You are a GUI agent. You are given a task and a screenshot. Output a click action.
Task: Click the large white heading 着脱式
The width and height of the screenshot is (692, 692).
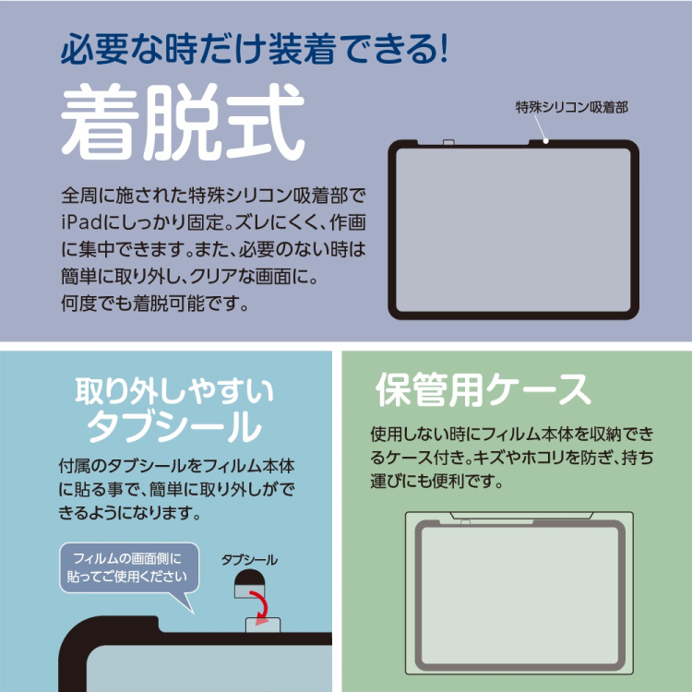183,122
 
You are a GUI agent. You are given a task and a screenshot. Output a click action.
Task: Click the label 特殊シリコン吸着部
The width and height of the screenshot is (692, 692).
571,107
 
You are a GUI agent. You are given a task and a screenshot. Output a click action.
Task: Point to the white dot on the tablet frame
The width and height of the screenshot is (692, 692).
546,141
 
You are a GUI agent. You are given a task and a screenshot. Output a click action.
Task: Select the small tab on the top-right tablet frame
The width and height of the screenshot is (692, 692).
448,142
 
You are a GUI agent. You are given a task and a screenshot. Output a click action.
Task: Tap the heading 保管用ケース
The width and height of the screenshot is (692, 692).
483,389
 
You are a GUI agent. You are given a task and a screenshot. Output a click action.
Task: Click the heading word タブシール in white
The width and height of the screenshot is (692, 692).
173,426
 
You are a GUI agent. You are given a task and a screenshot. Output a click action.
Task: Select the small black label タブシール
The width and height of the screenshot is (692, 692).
249,560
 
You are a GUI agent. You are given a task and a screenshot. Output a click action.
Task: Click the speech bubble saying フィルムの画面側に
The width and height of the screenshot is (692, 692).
129,567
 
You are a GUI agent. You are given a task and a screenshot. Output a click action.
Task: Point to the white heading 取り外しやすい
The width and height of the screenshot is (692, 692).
174,391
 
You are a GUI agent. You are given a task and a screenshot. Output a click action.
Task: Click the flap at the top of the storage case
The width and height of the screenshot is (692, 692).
521,515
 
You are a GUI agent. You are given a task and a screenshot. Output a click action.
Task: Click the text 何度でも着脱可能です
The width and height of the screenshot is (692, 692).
154,304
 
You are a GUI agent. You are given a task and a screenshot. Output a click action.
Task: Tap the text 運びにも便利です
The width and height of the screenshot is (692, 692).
436,481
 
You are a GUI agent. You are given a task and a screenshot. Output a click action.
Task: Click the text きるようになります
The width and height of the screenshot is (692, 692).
130,512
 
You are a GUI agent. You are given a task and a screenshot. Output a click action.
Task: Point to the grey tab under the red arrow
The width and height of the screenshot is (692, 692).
263,625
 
